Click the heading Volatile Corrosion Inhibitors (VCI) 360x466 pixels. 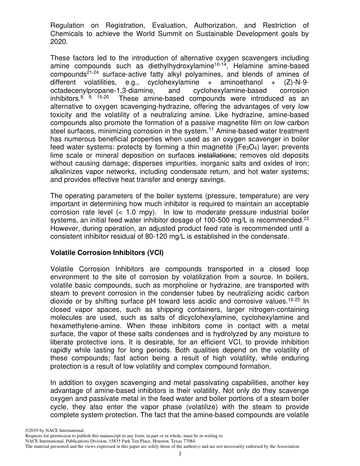107,253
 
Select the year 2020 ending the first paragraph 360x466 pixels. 58,42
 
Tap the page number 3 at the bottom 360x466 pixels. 180,454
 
